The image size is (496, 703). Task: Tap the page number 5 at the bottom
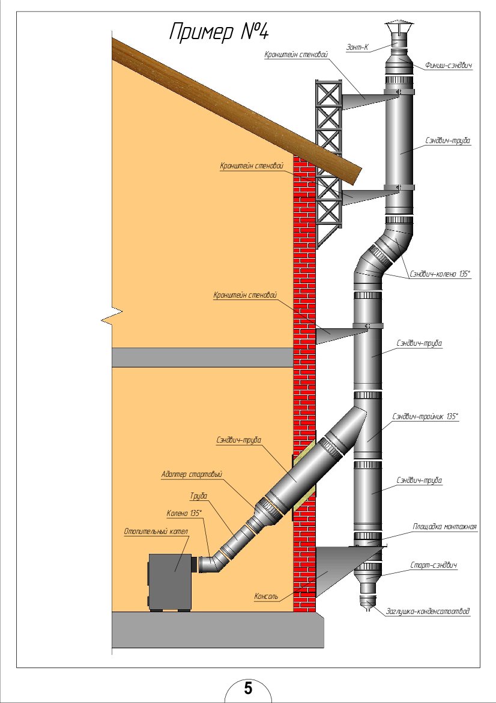click(248, 688)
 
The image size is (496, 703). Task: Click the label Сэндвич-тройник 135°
click(426, 416)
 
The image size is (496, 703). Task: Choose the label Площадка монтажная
click(444, 527)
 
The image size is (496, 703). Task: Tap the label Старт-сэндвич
click(434, 565)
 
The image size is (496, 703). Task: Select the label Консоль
click(266, 597)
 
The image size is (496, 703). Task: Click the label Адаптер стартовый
click(192, 474)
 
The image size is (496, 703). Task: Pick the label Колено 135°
click(184, 513)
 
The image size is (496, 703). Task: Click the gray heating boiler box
click(170, 582)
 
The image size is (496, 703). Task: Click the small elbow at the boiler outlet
click(210, 563)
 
